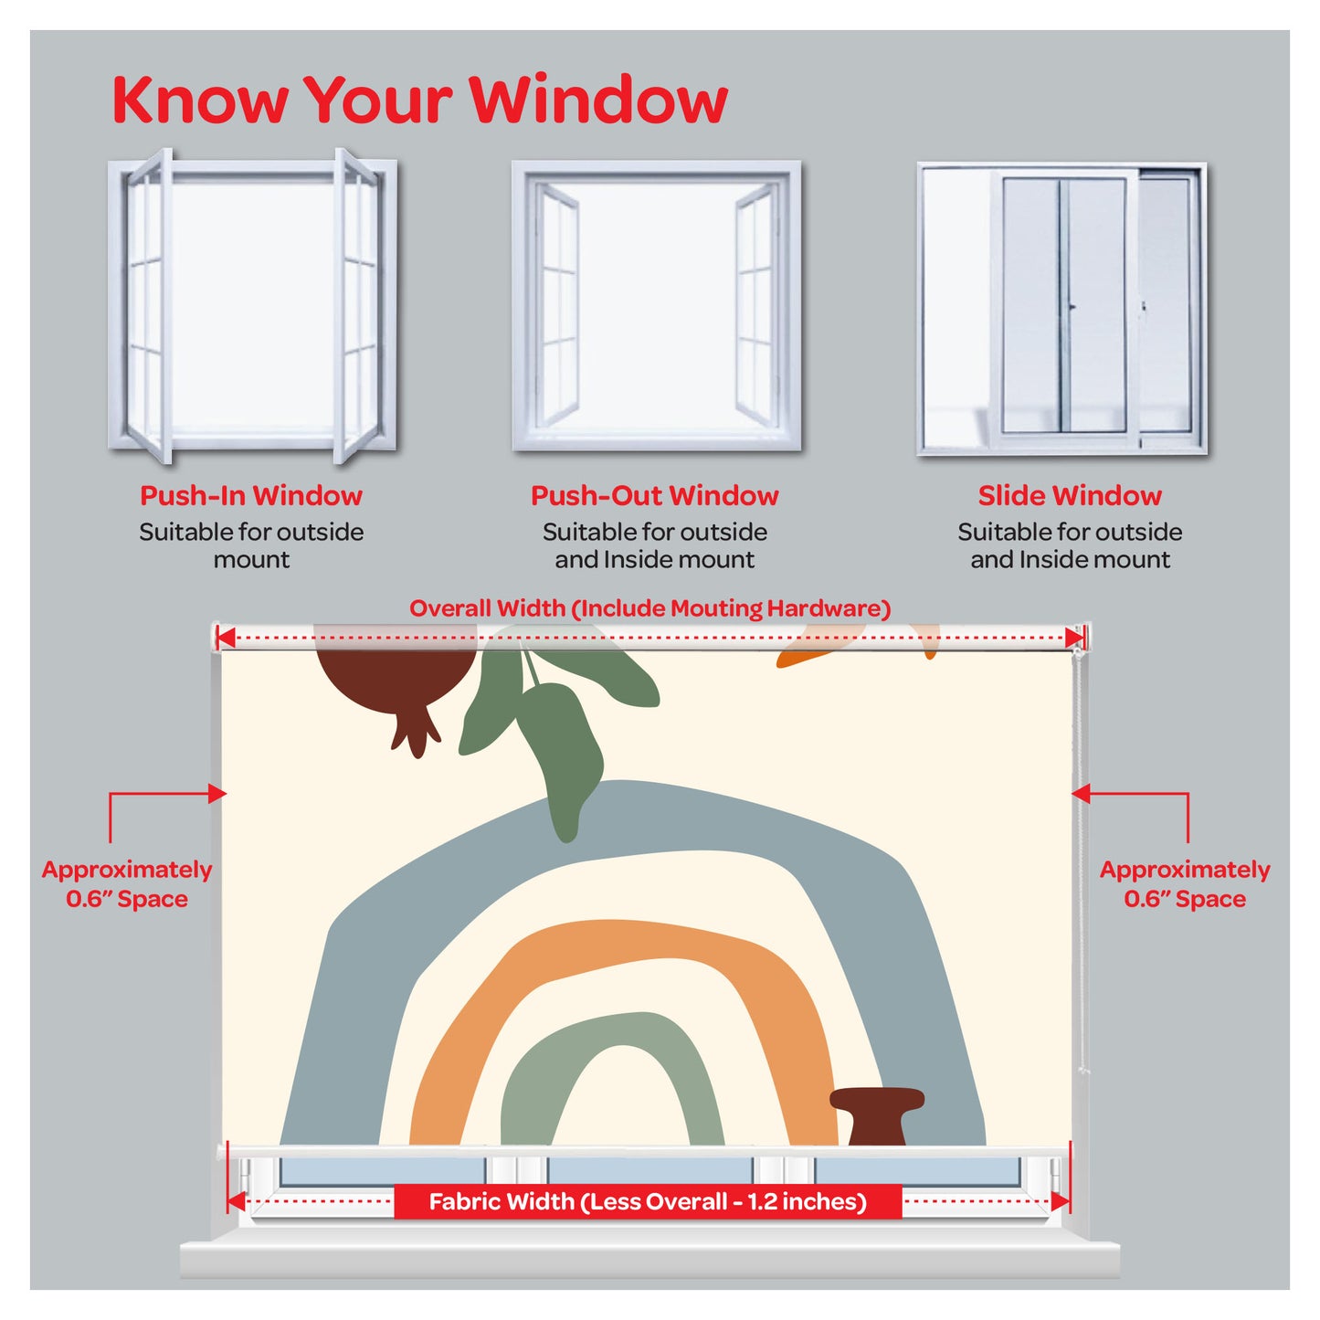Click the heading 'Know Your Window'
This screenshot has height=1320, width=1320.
click(419, 99)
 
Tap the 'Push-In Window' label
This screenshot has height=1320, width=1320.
click(250, 496)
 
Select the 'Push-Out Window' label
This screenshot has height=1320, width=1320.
click(655, 496)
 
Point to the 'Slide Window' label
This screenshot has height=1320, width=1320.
click(1070, 496)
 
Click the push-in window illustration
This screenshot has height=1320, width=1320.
click(252, 305)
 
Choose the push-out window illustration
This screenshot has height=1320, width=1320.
click(656, 305)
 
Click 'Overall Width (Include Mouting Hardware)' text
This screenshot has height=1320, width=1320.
click(649, 608)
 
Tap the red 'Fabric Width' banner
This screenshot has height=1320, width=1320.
click(648, 1201)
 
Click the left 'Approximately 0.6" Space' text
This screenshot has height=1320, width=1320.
click(127, 883)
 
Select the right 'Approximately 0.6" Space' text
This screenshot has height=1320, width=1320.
click(1185, 883)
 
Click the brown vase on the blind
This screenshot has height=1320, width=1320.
click(877, 1116)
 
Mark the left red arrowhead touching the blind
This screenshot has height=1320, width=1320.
click(217, 794)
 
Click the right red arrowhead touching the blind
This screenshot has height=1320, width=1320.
click(1081, 794)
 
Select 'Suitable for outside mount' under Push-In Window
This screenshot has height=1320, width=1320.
click(250, 546)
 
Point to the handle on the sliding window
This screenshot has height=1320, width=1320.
click(1072, 308)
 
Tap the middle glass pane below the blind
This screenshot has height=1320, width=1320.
click(649, 1171)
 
